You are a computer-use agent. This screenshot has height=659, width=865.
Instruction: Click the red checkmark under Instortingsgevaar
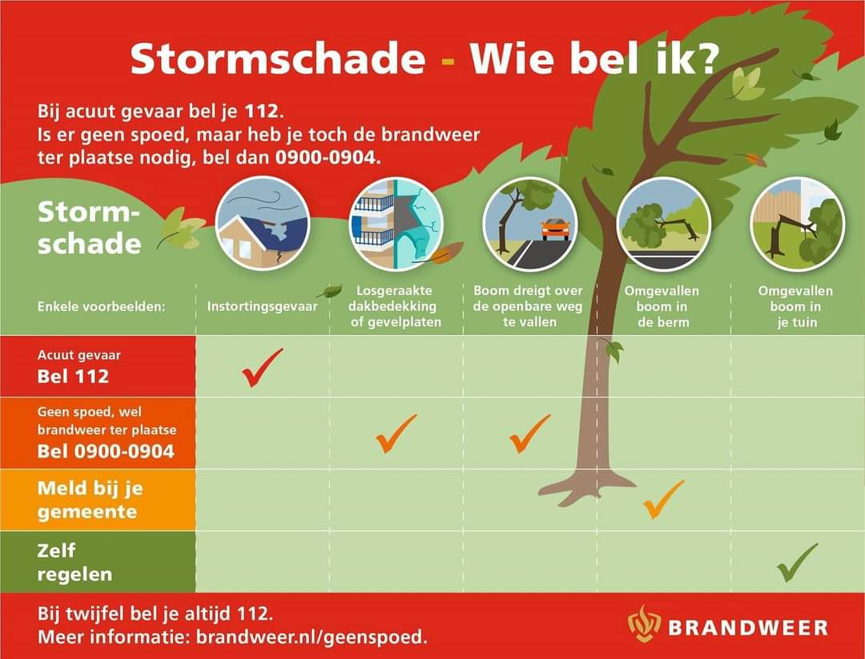(262, 367)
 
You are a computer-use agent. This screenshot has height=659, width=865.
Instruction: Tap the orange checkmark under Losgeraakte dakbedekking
(396, 433)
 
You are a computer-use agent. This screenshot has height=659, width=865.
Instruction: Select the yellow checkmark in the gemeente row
(663, 499)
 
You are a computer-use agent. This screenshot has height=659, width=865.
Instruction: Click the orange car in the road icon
(555, 228)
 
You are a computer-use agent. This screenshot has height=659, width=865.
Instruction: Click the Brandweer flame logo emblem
(644, 625)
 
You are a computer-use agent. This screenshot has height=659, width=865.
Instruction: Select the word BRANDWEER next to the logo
(748, 626)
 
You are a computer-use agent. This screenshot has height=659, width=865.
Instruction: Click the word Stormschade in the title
(277, 59)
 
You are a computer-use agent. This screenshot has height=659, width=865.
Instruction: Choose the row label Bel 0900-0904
(106, 451)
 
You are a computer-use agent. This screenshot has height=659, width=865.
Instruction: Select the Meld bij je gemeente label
(90, 499)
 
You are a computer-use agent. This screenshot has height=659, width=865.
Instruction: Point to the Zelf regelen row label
(74, 563)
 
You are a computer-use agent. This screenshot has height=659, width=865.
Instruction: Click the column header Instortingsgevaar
(262, 305)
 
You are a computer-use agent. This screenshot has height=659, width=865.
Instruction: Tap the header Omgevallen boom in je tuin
(795, 306)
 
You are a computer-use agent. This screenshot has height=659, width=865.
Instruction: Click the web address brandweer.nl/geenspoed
(311, 637)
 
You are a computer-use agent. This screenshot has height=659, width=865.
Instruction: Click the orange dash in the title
(448, 63)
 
